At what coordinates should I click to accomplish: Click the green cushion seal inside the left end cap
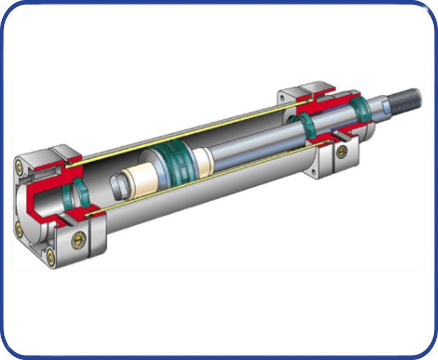click(78, 192)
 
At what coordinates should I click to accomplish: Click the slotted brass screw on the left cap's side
click(78, 239)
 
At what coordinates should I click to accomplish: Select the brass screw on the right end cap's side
click(342, 151)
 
